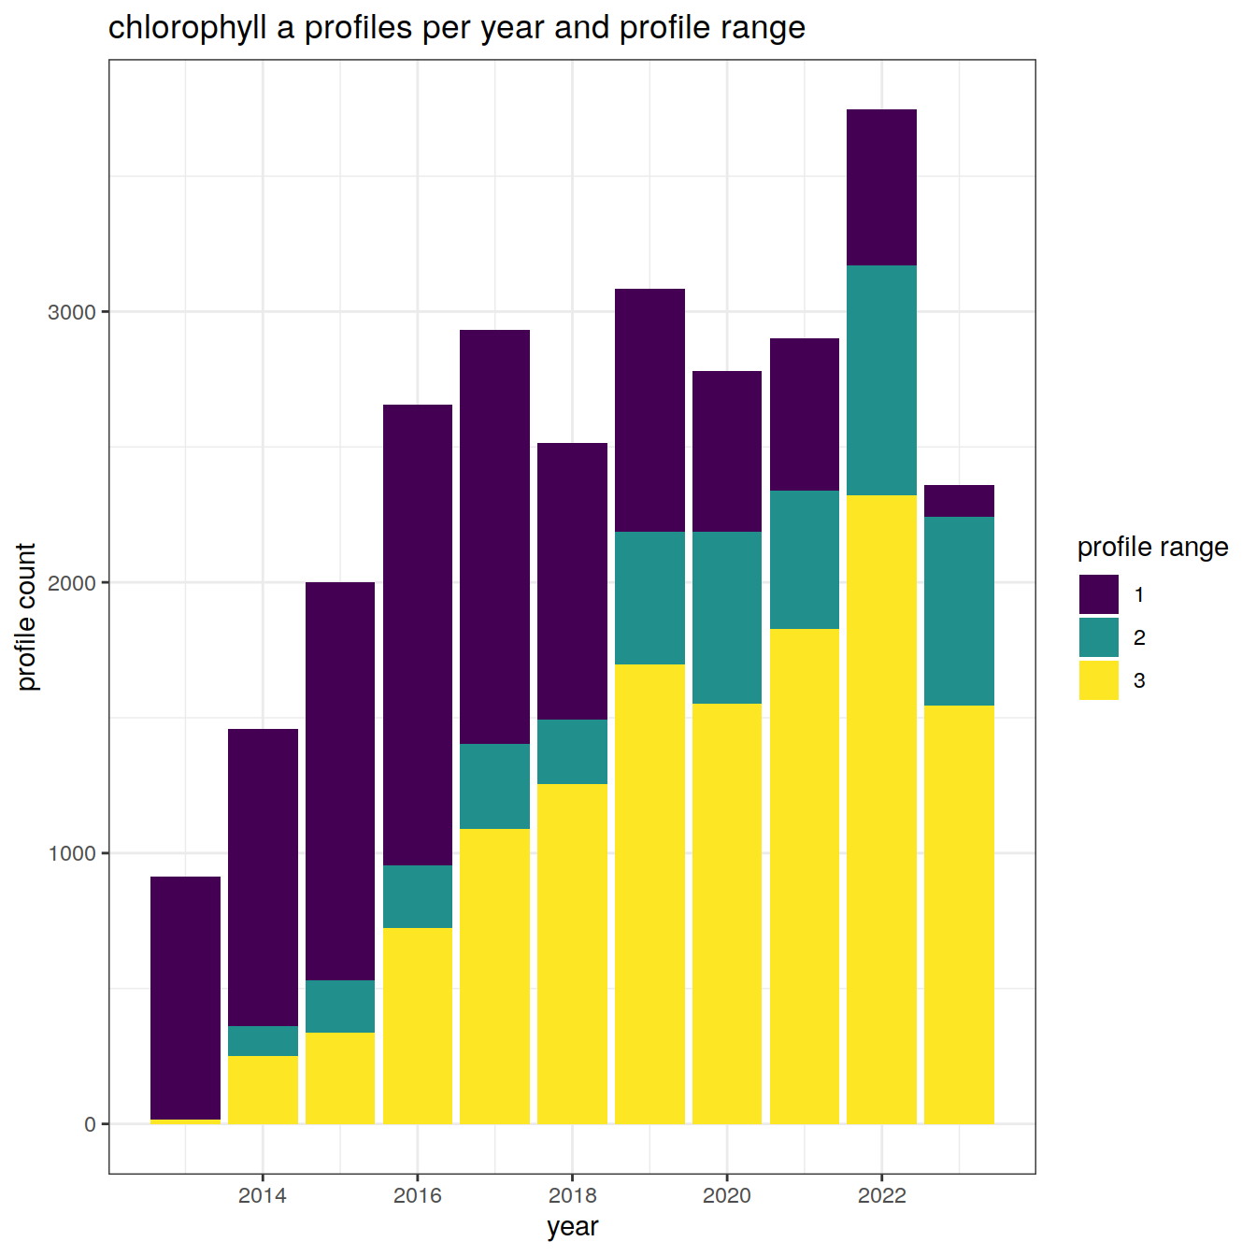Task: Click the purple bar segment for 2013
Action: [185, 997]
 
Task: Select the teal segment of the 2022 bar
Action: [881, 380]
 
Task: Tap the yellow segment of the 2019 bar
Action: [649, 893]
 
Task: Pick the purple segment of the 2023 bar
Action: [959, 501]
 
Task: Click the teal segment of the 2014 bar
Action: [263, 1041]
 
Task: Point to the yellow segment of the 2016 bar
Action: [418, 1025]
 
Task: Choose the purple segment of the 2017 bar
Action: [494, 536]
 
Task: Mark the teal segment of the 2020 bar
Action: [727, 618]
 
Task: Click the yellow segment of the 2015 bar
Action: [340, 1078]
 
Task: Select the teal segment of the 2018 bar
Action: [572, 751]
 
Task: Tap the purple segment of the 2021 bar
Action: [805, 414]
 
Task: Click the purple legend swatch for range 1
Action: [1098, 594]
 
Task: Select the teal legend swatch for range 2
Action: [1098, 637]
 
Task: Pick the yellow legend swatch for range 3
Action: [1098, 680]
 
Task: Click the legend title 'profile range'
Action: [1152, 547]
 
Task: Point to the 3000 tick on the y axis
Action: [72, 312]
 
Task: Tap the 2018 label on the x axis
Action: [572, 1195]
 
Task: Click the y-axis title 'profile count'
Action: [26, 617]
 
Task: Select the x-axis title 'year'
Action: [572, 1226]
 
